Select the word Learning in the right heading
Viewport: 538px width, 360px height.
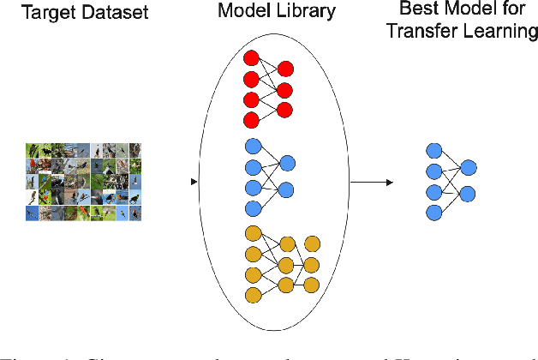[x=510, y=32]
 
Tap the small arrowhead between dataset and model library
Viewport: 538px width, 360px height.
[x=195, y=183]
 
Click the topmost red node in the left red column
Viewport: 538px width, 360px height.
[x=252, y=58]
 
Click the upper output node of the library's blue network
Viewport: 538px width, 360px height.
[x=287, y=163]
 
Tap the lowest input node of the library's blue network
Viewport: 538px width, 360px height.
[x=252, y=209]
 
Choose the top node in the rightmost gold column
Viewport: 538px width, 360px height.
[x=312, y=243]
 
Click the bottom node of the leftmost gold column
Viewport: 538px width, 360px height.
[x=252, y=296]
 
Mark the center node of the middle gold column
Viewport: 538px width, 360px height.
[x=286, y=264]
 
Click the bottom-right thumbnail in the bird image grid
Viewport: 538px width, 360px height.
[x=134, y=213]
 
